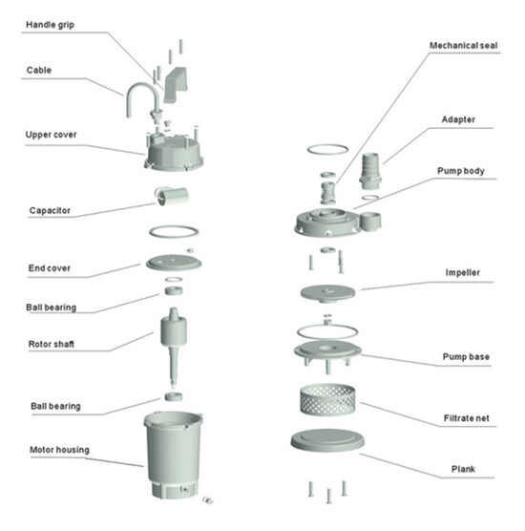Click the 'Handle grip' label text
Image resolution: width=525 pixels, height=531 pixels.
pos(50,25)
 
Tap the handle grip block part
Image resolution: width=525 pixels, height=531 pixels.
pos(176,85)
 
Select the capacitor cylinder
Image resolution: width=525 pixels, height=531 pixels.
pos(172,196)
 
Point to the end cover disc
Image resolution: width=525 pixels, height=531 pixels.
pos(174,263)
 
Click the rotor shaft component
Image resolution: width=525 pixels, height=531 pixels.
pos(174,347)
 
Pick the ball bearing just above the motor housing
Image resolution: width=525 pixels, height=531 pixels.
pos(174,396)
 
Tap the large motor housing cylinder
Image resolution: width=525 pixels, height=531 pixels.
pos(174,455)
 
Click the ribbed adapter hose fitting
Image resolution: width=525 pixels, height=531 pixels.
pos(370,171)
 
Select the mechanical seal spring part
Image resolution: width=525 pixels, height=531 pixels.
pos(328,193)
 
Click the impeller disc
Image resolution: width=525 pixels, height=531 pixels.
pos(327,293)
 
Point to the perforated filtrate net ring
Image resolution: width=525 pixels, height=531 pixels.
pos(327,399)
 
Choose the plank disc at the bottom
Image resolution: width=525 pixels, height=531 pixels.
pos(327,439)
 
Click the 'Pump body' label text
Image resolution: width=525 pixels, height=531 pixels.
pos(461,171)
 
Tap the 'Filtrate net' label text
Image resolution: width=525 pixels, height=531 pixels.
pos(466,418)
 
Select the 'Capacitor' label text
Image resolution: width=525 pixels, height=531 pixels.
pos(50,211)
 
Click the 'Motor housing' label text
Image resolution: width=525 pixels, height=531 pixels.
pos(59,450)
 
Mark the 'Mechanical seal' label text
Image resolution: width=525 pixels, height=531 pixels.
pos(463,46)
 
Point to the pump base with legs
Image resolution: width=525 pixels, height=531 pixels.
pos(327,354)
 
